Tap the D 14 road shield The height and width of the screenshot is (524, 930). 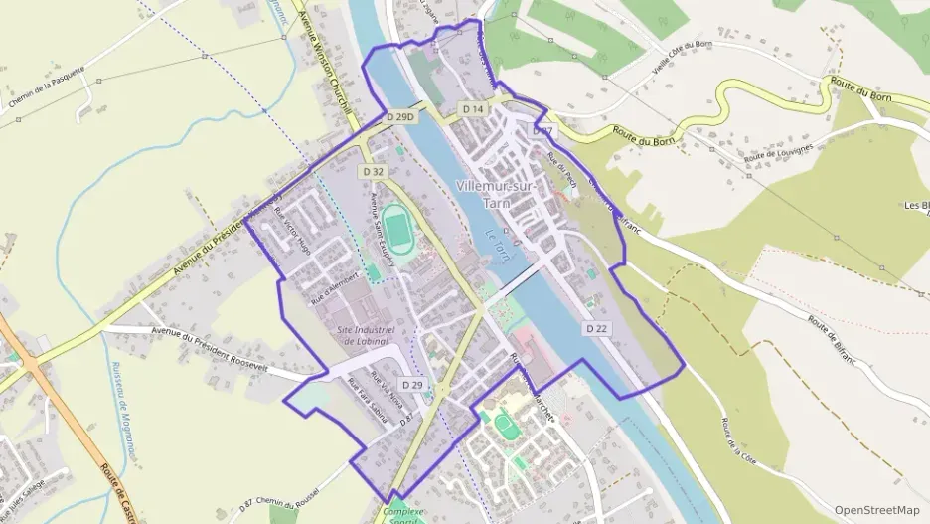point(472,109)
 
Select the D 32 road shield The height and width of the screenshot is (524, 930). point(374,172)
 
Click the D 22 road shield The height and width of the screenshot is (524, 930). point(597,328)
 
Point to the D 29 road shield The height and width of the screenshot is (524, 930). point(412,384)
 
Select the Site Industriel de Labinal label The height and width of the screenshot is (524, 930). point(367,334)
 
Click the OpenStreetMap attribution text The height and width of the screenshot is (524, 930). point(876,510)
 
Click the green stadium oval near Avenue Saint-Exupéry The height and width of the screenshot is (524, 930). point(398,229)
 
